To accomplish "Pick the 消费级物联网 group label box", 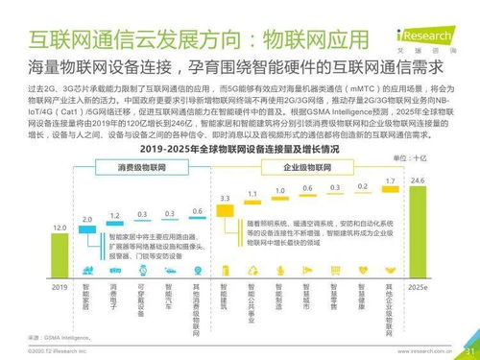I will (x=142, y=166).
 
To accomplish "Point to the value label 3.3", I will (x=225, y=197).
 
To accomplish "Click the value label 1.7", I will (x=390, y=180).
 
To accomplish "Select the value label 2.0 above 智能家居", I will (x=86, y=220).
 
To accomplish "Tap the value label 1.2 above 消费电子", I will (x=114, y=214).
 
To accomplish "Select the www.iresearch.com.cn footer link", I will (x=424, y=351).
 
